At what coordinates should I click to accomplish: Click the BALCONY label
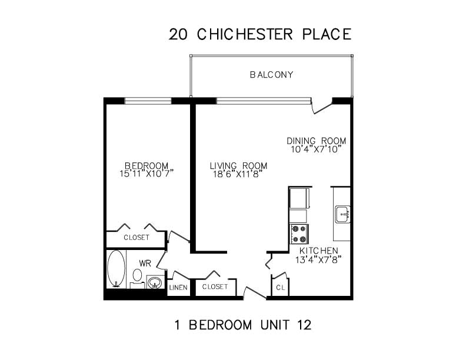point(271,75)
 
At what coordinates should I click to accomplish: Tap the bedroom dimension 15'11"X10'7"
point(147,174)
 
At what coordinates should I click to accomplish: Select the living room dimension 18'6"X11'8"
point(239,174)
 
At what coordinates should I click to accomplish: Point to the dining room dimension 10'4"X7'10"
point(315,149)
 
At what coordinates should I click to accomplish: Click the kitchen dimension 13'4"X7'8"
point(318,260)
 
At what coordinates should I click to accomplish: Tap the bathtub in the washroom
point(116,269)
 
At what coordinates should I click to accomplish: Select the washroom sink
point(155,282)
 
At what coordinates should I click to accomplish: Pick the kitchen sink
point(342,214)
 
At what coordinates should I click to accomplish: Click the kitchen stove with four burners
point(299,234)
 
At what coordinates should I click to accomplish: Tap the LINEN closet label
point(178,288)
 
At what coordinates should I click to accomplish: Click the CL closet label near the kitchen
point(280,288)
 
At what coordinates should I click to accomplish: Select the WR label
point(145,263)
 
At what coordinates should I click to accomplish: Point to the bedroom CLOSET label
point(137,238)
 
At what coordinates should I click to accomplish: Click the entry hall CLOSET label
point(215,286)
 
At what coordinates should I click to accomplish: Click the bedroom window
point(148,101)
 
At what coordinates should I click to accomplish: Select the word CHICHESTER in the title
point(245,34)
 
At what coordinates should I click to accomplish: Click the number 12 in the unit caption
point(304,325)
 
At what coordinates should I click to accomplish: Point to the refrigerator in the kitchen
point(299,198)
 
